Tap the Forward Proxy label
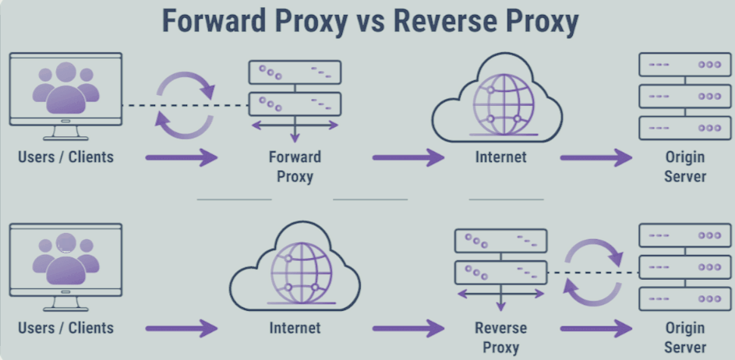(295, 167)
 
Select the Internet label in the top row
(500, 157)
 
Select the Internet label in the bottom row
(295, 328)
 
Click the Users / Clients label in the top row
(65, 157)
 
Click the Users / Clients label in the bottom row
(65, 328)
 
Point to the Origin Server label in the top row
(685, 167)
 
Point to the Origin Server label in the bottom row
(685, 337)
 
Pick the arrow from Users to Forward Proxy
(181, 158)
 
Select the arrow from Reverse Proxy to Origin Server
(596, 329)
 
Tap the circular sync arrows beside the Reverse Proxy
(594, 273)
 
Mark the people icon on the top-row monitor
(65, 87)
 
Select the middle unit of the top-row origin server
(678, 96)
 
